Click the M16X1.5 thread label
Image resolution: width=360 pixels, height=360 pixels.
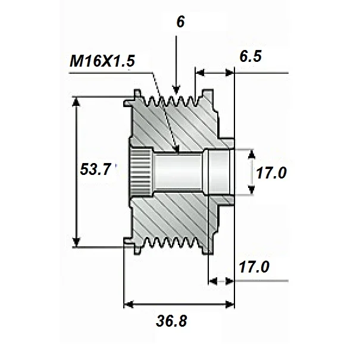(x=102, y=61)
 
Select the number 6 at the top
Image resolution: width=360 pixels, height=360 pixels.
(x=180, y=22)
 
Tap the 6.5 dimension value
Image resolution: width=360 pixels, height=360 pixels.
(x=251, y=57)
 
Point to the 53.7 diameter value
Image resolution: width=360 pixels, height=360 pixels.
(x=96, y=170)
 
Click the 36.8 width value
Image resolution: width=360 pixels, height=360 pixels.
(x=171, y=321)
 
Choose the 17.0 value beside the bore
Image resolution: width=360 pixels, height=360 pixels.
(x=271, y=173)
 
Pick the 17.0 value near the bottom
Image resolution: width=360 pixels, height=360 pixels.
(x=254, y=267)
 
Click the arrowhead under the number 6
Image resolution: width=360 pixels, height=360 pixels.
(x=176, y=90)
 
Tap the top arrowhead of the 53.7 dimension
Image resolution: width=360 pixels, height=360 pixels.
(x=76, y=102)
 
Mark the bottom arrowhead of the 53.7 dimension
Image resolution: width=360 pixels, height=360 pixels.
(x=76, y=242)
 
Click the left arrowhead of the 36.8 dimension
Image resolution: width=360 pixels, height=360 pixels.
(x=129, y=305)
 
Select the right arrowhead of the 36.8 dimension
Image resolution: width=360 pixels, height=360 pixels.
(x=230, y=305)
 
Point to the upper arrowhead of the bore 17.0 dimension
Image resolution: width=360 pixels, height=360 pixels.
(x=252, y=154)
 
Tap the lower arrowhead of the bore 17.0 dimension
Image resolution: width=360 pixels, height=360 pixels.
(x=252, y=190)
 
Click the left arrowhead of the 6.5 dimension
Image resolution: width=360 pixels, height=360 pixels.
(x=200, y=73)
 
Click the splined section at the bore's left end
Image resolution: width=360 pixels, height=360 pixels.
(x=140, y=172)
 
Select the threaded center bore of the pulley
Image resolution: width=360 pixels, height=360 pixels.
(x=177, y=173)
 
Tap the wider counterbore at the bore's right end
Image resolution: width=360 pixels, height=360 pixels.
(x=218, y=172)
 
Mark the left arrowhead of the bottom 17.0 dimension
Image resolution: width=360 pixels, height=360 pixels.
(x=213, y=281)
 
